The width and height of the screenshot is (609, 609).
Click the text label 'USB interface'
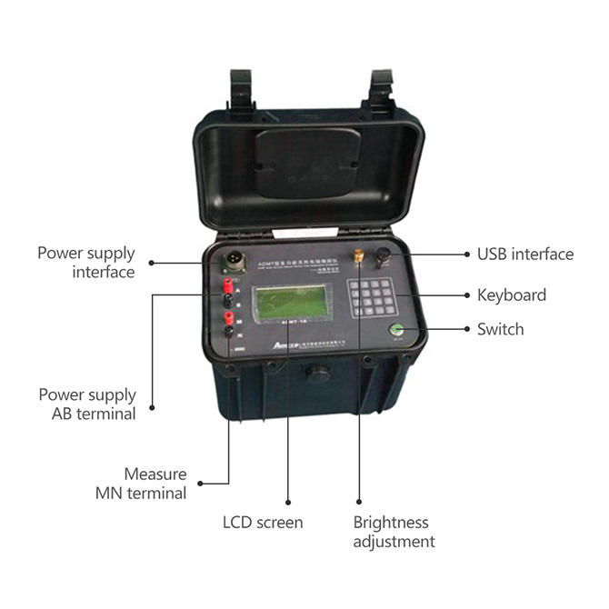(525, 254)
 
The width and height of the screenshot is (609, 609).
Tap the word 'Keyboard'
(511, 295)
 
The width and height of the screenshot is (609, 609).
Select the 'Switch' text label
(500, 329)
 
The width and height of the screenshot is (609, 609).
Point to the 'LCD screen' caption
(263, 523)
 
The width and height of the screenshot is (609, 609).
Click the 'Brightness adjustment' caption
(393, 533)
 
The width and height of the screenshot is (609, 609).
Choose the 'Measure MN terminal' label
(155, 484)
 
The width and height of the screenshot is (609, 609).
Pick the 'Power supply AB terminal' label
(87, 404)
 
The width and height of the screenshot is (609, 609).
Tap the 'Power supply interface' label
(86, 262)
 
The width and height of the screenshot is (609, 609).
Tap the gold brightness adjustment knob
(358, 257)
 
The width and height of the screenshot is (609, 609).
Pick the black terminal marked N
(230, 332)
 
